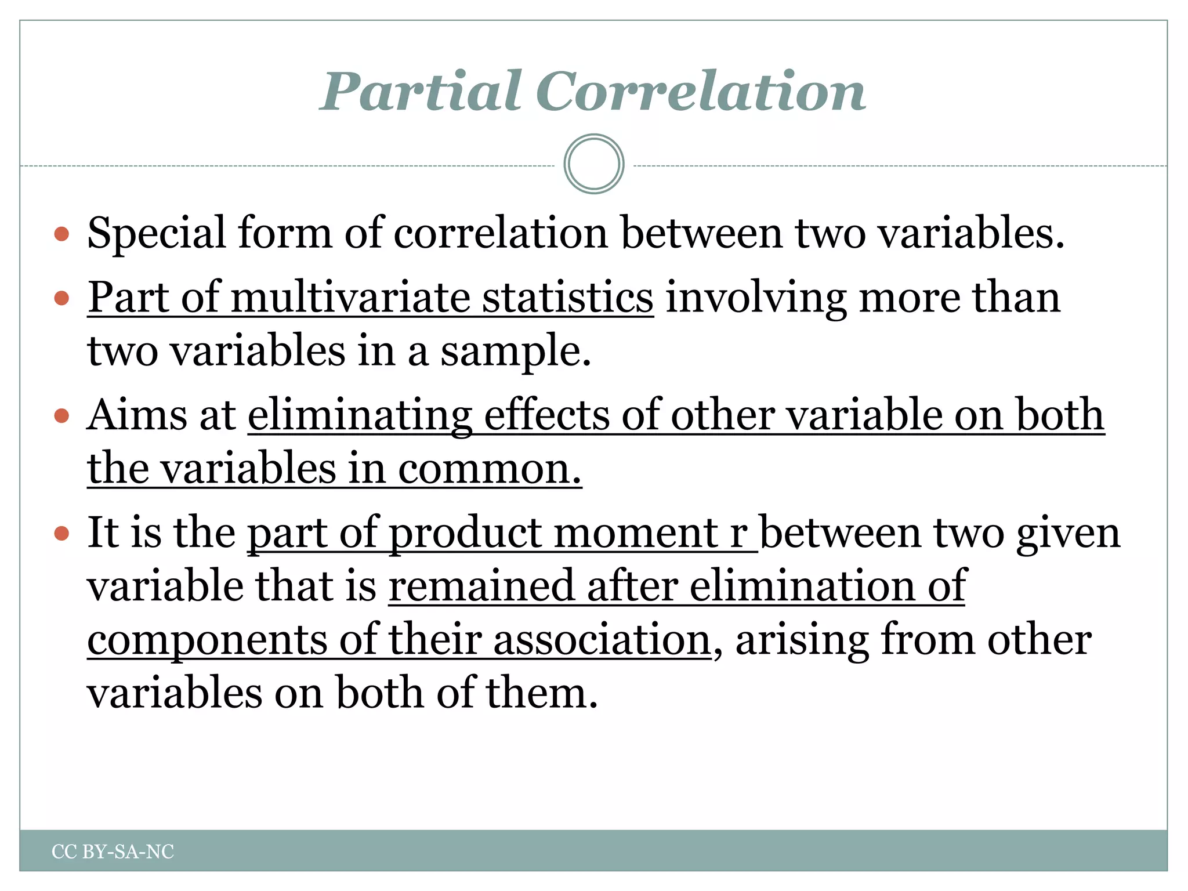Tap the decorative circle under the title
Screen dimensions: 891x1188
(593, 164)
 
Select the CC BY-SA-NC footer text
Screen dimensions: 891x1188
(113, 852)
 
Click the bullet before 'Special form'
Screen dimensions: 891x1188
(61, 234)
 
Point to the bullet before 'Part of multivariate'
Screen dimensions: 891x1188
(61, 298)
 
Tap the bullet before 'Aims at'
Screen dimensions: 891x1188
(61, 416)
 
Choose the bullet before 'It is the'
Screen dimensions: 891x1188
(61, 533)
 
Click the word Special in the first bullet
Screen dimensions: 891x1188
(156, 233)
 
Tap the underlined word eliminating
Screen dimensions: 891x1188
(360, 416)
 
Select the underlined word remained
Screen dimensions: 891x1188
(481, 586)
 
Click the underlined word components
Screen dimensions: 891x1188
(207, 640)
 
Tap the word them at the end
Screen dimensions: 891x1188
(541, 693)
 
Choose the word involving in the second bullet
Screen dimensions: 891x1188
(756, 298)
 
